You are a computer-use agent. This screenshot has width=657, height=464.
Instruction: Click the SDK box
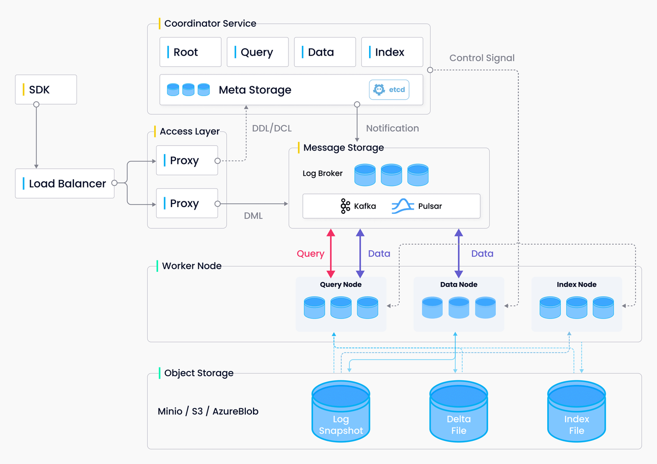(x=46, y=89)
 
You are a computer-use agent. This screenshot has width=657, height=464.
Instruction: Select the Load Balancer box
(x=65, y=183)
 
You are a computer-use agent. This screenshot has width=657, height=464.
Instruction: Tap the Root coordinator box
(x=190, y=52)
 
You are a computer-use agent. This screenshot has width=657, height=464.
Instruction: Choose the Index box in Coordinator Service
(x=392, y=52)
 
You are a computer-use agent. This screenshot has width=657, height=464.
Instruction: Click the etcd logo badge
(x=389, y=89)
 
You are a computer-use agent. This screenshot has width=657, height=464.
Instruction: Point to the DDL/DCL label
(x=272, y=128)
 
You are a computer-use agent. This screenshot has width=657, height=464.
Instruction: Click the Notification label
(x=393, y=128)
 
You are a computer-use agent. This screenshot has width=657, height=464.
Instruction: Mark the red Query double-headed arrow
(x=331, y=254)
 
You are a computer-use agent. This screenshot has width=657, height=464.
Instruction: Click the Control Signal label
(x=482, y=58)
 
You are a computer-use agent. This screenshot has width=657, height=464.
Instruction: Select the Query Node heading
(x=341, y=284)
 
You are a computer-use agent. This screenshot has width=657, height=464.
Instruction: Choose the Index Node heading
(x=576, y=284)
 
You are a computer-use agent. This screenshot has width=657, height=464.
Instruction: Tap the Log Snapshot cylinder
(x=341, y=411)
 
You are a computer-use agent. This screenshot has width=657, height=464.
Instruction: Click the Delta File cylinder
(x=458, y=411)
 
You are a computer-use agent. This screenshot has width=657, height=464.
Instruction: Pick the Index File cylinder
(x=576, y=411)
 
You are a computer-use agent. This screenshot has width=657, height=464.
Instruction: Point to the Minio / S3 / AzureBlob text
(x=208, y=411)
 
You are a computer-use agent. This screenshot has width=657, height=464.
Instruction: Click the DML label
(x=253, y=216)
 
